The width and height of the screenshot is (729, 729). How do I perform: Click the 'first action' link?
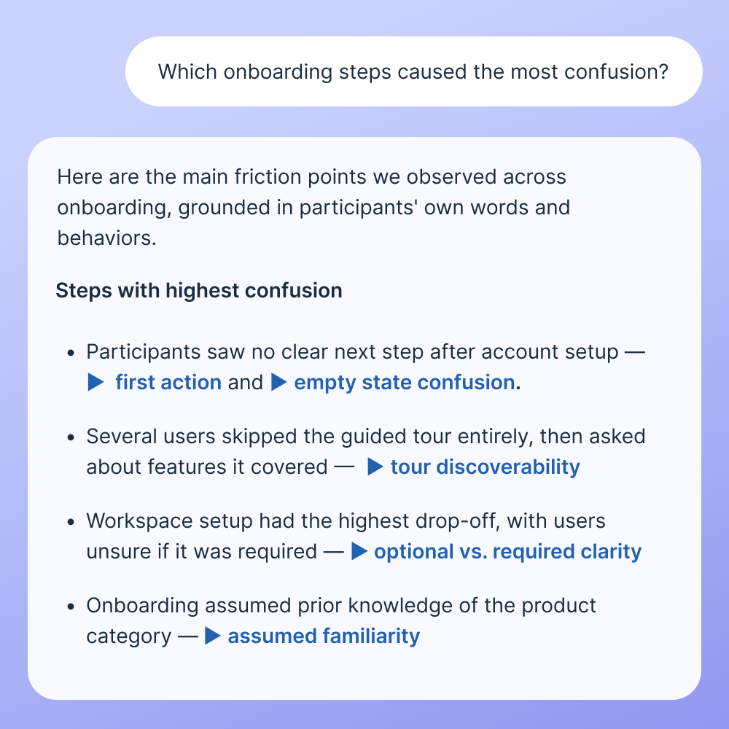click(168, 383)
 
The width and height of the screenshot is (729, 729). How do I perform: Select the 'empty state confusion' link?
click(405, 383)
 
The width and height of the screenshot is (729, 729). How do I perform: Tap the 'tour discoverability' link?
click(486, 467)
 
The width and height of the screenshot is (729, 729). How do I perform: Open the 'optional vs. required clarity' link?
click(507, 551)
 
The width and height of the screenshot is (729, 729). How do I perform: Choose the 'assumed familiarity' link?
click(324, 636)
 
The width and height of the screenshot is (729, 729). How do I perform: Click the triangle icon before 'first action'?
click(95, 382)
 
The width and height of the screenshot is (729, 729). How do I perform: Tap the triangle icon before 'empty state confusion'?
click(279, 382)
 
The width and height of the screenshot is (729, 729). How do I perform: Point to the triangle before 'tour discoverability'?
click(375, 467)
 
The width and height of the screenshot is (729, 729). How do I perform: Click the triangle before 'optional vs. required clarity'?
click(359, 551)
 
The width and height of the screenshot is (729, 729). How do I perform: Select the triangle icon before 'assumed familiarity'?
click(212, 636)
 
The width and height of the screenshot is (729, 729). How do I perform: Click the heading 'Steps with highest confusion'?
click(199, 291)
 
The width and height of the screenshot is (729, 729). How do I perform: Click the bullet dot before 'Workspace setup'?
click(71, 523)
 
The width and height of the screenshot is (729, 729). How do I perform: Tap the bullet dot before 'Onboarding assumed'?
click(71, 607)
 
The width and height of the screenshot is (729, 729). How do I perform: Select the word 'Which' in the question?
click(187, 72)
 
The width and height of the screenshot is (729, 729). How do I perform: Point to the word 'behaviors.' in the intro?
click(107, 238)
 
